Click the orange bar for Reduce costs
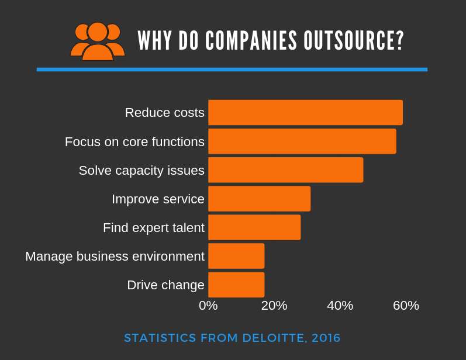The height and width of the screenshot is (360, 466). click(x=305, y=112)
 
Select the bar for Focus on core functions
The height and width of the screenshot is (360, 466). click(x=302, y=141)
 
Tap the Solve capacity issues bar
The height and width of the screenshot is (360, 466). click(x=285, y=169)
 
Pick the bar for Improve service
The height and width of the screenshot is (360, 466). click(x=259, y=198)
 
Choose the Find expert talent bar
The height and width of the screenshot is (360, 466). click(x=254, y=227)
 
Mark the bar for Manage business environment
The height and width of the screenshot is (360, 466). click(x=236, y=255)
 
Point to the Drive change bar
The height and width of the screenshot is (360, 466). click(x=236, y=284)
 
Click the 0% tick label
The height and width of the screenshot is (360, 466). click(x=208, y=306)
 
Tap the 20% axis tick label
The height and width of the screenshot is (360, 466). click(x=274, y=306)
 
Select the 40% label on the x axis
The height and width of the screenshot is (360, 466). click(x=340, y=306)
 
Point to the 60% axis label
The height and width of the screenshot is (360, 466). click(x=406, y=306)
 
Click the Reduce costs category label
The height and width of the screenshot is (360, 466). click(x=164, y=113)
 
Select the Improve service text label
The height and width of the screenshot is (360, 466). click(x=158, y=199)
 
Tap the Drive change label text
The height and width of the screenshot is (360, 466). click(x=165, y=285)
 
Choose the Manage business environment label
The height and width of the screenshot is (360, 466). click(x=115, y=257)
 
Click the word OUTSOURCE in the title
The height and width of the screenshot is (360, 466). click(x=354, y=41)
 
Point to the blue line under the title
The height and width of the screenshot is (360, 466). click(x=232, y=70)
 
